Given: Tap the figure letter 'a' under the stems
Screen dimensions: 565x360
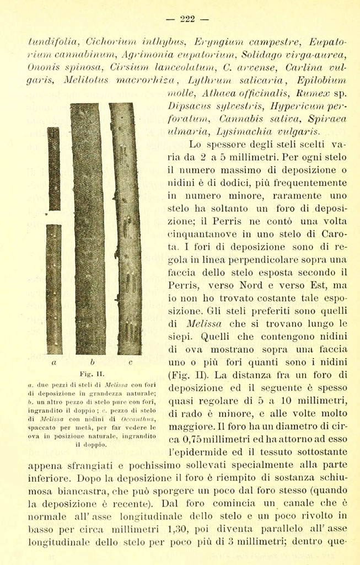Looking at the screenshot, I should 53,363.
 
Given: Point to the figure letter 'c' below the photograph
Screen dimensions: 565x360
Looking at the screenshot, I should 130,363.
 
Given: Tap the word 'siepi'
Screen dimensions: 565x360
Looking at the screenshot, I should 179,336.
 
